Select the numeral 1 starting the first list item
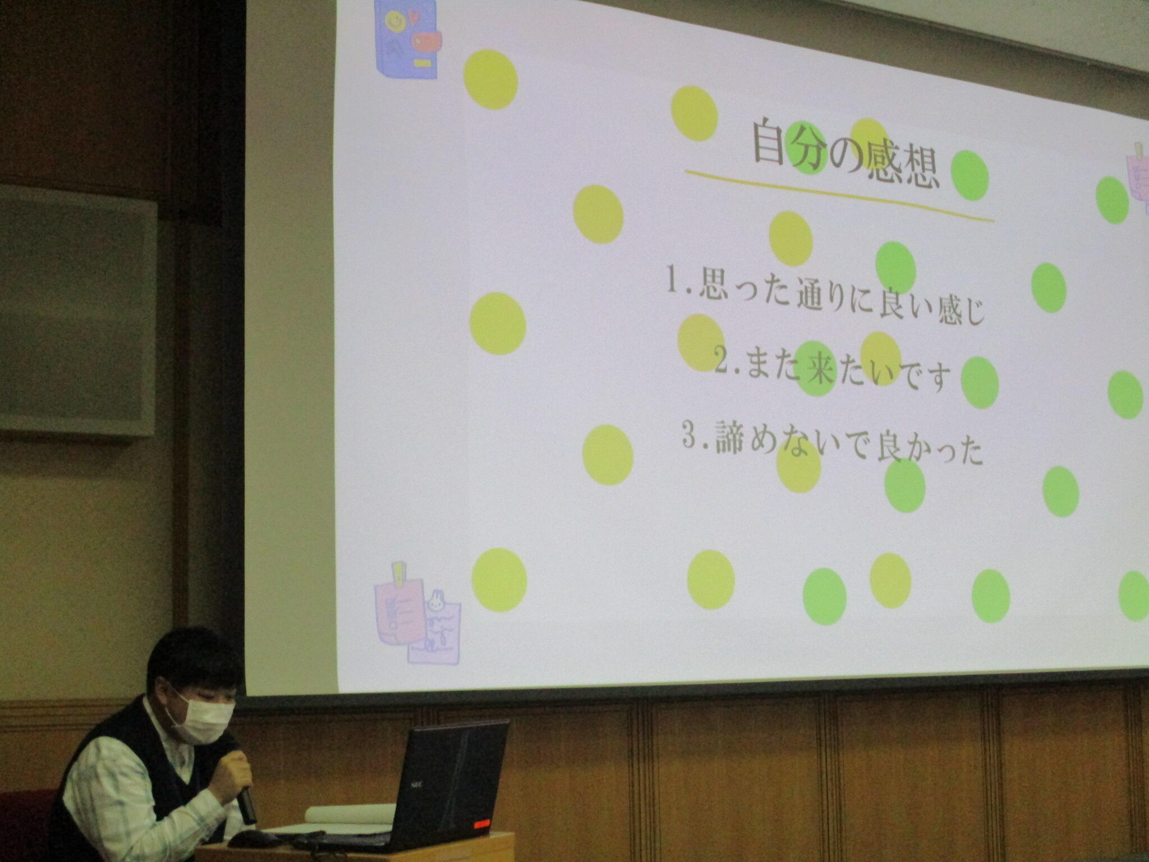[673, 281]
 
